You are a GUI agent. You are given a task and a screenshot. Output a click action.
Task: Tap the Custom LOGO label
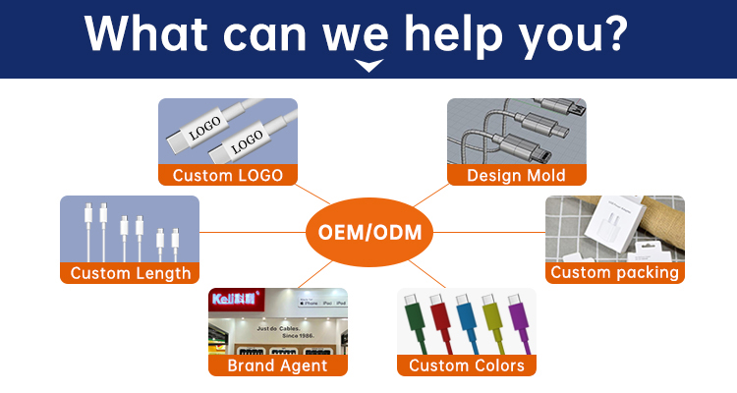click(228, 175)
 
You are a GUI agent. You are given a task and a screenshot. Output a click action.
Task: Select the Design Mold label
click(517, 175)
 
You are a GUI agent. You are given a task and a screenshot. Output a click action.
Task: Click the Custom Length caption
click(130, 273)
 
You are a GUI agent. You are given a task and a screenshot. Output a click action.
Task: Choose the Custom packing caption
click(615, 272)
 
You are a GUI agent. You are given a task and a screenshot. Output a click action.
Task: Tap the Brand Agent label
click(277, 365)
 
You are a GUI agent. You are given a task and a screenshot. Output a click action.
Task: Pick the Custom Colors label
click(467, 365)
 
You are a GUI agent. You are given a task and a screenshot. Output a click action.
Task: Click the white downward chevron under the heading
click(368, 66)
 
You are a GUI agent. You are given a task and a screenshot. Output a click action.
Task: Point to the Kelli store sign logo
click(236, 298)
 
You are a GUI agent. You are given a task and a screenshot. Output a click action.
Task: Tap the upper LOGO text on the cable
click(203, 129)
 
